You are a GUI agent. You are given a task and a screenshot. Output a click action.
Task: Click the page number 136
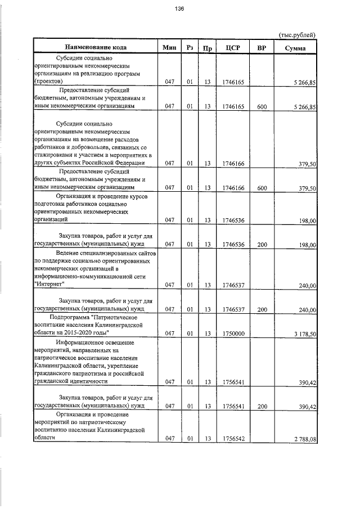tap(179, 9)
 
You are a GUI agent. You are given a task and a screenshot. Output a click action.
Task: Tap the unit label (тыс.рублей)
tap(297, 35)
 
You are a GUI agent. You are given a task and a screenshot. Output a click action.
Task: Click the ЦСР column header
tap(232, 48)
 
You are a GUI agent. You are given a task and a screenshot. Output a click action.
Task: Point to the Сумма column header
tap(295, 48)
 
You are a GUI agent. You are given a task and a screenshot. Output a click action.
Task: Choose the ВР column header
tap(262, 48)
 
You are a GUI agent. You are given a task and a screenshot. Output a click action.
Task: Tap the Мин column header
tap(169, 48)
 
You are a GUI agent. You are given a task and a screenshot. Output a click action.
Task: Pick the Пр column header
tap(207, 48)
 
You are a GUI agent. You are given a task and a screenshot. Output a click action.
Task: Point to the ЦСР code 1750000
tap(232, 334)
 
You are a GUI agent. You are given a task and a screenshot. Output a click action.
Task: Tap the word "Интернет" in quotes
tap(49, 285)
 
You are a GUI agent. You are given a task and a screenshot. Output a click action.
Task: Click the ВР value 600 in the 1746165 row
tap(262, 106)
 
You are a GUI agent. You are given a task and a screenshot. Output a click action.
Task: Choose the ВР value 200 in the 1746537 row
tap(262, 309)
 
